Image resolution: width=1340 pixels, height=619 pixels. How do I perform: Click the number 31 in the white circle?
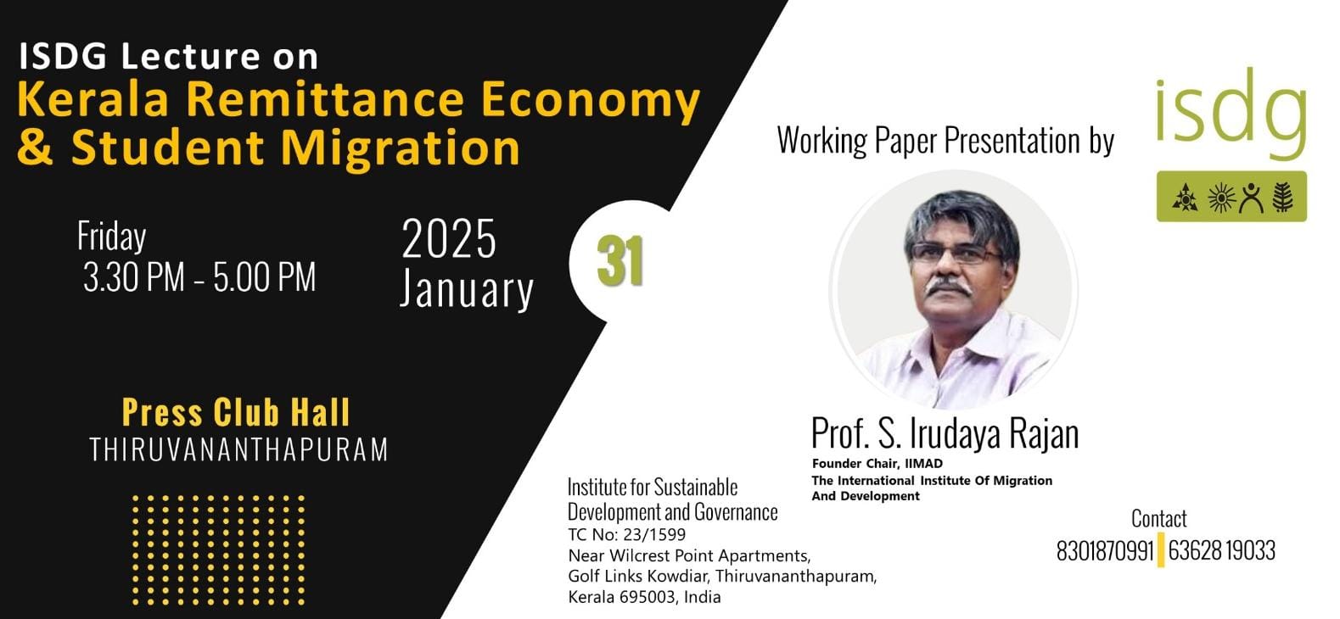point(620,261)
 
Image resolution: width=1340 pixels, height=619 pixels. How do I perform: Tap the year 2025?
point(449,239)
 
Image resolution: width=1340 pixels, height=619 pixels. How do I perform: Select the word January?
point(466,289)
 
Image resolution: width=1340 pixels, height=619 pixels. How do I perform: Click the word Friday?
point(111,237)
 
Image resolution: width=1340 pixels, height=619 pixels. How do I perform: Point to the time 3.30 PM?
point(134,277)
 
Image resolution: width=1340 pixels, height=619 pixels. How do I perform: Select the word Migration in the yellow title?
point(401,147)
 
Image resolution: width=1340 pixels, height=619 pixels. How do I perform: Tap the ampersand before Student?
point(36,147)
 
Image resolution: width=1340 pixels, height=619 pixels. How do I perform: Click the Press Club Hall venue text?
point(236,412)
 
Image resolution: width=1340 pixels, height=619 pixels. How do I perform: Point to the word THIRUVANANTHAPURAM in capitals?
point(238,450)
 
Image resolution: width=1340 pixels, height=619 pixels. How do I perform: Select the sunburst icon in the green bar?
point(1221,198)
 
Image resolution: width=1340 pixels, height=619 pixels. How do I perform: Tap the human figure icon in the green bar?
point(1252,198)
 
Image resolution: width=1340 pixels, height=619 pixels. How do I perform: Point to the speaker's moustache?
point(949,287)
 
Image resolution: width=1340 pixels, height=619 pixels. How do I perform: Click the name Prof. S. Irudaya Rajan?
point(945,433)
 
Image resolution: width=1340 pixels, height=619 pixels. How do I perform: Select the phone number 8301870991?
point(1104,551)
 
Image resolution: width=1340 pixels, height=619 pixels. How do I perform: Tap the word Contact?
point(1158,519)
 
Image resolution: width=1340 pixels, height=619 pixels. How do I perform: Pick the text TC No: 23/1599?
point(627,534)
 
